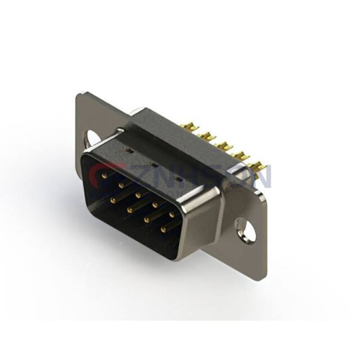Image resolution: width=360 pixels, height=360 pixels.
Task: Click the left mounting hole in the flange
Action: pos(93,139)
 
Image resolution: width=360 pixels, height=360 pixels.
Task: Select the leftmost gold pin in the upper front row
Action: pos(105,176)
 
